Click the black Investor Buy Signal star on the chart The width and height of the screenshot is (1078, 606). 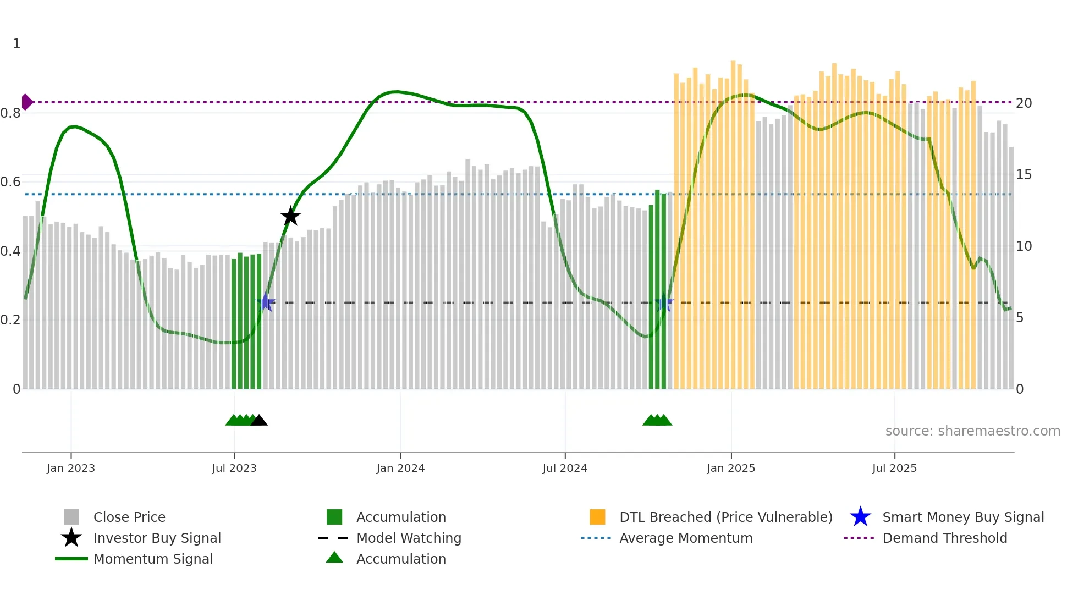[x=290, y=216]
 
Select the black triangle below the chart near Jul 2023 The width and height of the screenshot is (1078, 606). [x=259, y=420]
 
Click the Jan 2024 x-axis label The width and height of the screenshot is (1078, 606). [x=400, y=468]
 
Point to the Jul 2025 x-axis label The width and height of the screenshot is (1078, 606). [x=894, y=468]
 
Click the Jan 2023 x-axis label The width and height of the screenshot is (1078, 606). [x=71, y=468]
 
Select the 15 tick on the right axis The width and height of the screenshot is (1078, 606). [x=1024, y=175]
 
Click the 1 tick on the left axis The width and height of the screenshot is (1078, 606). [x=16, y=44]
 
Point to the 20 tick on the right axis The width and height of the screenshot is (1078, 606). [x=1024, y=103]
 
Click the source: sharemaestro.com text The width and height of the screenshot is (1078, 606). [x=972, y=431]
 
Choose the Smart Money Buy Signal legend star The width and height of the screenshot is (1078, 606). [x=860, y=517]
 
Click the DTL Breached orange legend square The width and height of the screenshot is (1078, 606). [x=597, y=517]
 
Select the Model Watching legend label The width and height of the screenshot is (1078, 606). [x=409, y=538]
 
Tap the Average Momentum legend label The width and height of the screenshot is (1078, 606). [x=686, y=538]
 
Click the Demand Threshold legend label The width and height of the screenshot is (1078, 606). [x=944, y=538]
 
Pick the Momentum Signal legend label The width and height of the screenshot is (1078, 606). [x=153, y=559]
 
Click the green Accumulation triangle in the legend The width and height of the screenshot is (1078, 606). [x=334, y=558]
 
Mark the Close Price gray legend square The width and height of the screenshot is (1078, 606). [x=71, y=517]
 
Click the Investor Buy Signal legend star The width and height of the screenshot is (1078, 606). [x=71, y=538]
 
